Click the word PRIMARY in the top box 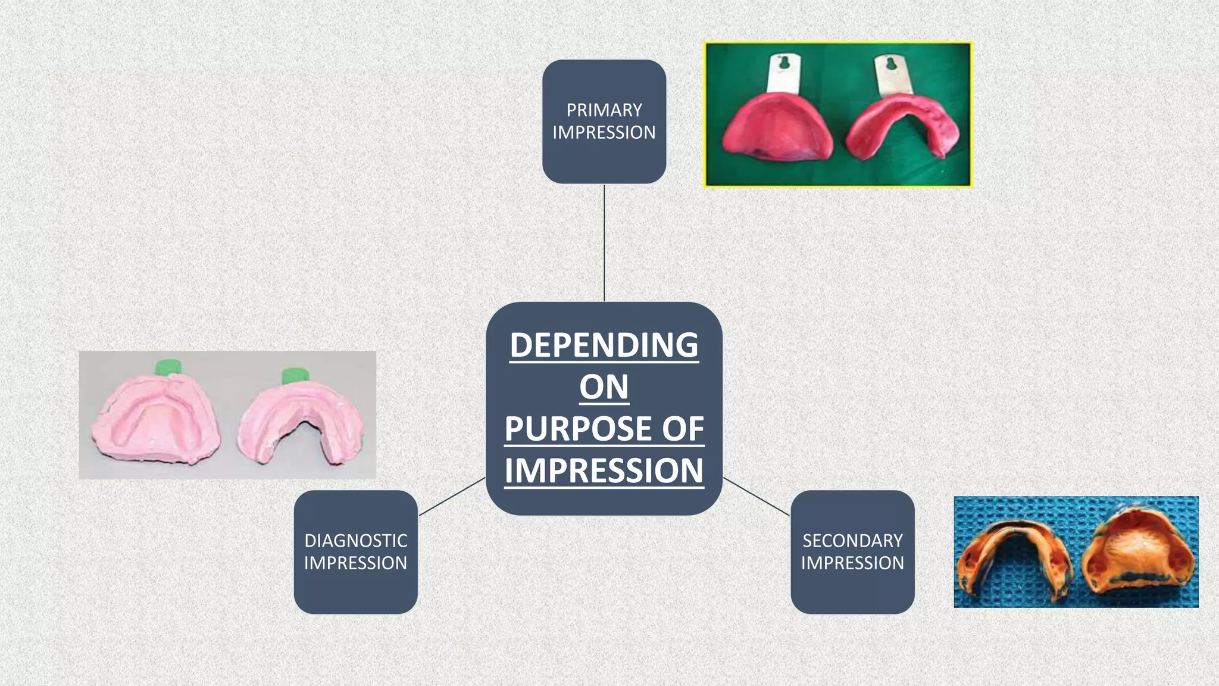tap(604, 110)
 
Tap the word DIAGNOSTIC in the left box tap(355, 541)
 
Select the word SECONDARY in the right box tap(852, 541)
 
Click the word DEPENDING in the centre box tap(604, 345)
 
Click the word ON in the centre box tap(604, 387)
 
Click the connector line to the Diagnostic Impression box tap(452, 497)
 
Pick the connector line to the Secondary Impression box tap(757, 497)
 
